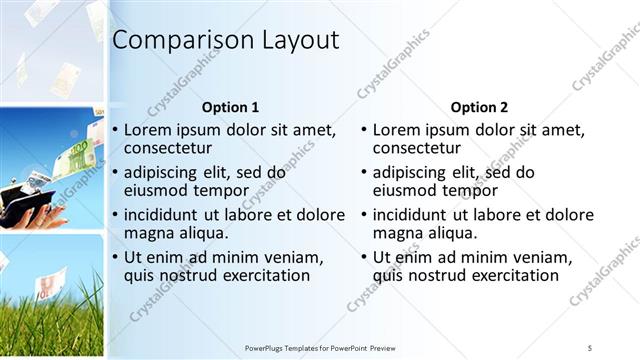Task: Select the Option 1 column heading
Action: click(230, 107)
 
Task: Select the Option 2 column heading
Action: click(479, 107)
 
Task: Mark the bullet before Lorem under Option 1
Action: click(116, 131)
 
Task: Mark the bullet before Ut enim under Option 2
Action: click(365, 257)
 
